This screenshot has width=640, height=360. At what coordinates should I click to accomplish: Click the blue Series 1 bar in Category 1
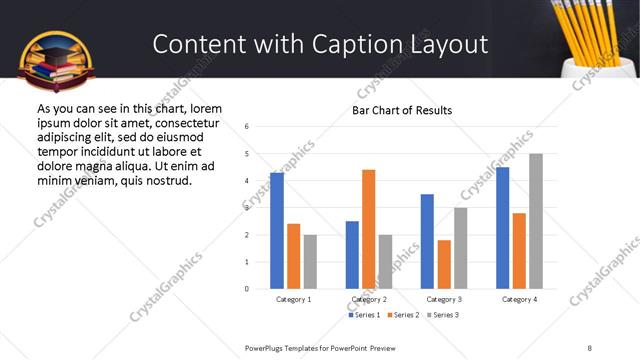tap(277, 231)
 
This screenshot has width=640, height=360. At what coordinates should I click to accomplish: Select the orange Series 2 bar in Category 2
tap(368, 229)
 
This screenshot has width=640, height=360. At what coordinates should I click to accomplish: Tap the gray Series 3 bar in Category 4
tap(535, 221)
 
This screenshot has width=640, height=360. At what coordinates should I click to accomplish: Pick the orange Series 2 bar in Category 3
tap(444, 265)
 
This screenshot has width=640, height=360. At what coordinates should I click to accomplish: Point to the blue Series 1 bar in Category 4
tap(502, 228)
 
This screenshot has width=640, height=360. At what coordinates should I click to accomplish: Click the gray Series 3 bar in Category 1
tap(310, 262)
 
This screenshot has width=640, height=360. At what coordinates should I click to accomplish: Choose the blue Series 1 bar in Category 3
tap(427, 241)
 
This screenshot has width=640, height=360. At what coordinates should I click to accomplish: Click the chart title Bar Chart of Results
tap(402, 110)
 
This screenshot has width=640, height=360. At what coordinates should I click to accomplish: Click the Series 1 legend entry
tap(364, 315)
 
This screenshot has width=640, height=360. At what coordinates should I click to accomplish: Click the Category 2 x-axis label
tap(369, 299)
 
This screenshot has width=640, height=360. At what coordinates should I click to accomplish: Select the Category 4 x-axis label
tap(519, 299)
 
